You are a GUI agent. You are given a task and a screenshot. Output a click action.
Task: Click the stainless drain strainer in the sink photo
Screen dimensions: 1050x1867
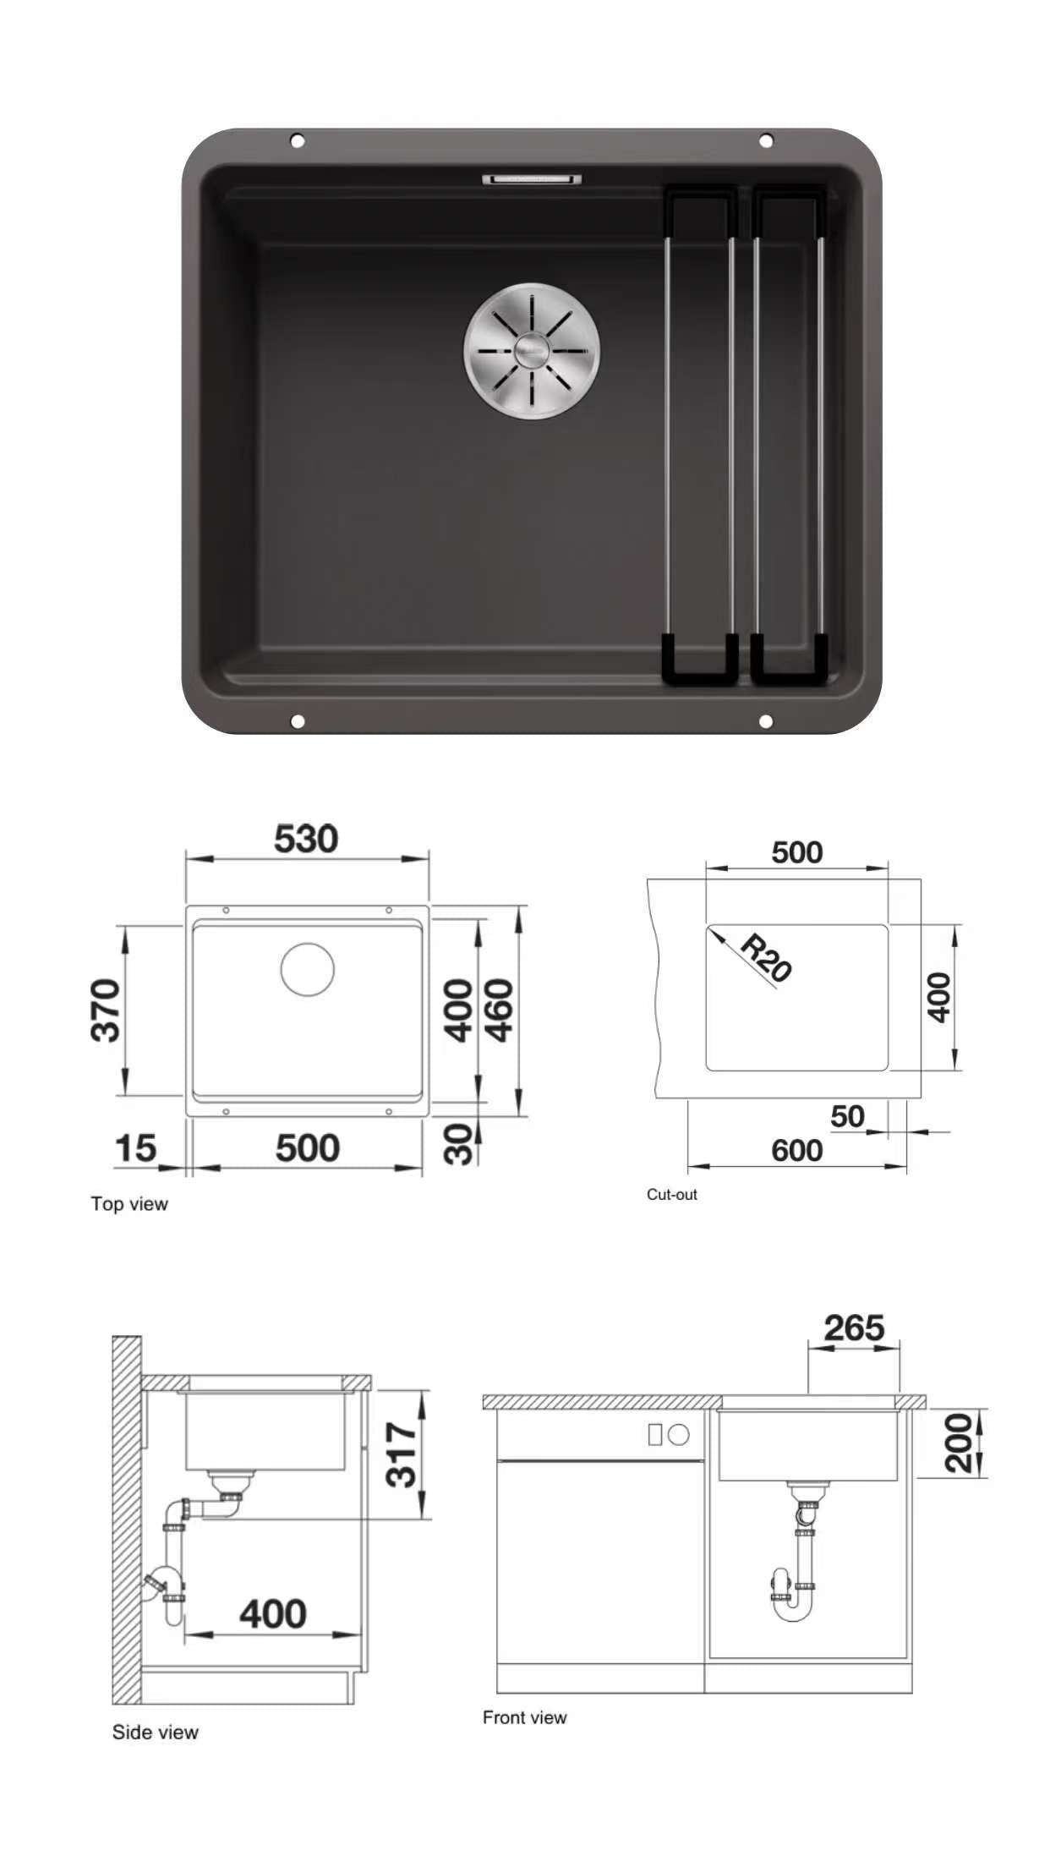pos(532,348)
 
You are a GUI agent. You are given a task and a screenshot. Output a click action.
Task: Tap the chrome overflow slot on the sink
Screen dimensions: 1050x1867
pos(532,178)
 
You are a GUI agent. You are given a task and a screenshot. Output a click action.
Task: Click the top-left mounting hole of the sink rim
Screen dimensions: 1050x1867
pos(297,140)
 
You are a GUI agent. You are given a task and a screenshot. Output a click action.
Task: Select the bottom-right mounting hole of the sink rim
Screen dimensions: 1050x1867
pos(765,721)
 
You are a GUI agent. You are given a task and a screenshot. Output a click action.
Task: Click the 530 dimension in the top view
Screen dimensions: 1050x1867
pos(306,839)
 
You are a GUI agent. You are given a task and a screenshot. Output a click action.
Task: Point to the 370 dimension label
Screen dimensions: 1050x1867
pos(106,1010)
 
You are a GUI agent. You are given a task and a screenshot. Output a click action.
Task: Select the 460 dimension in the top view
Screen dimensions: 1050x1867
pos(498,1010)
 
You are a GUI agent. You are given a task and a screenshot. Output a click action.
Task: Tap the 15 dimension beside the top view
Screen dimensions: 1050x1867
pos(135,1148)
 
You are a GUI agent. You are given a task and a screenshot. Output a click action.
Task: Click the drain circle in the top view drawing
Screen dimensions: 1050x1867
pos(308,969)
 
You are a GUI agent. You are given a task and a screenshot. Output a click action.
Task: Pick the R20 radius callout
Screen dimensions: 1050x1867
pos(766,958)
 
